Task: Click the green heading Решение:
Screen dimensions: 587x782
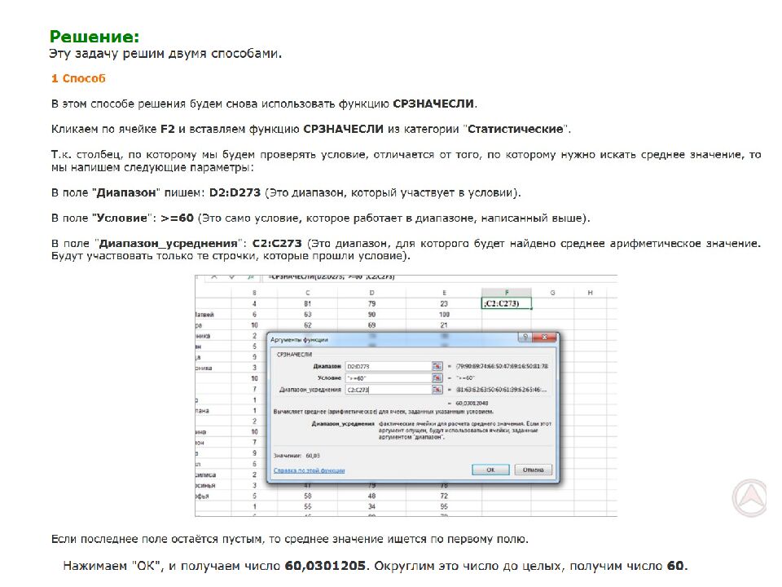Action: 94,37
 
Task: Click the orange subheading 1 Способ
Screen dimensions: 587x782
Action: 78,79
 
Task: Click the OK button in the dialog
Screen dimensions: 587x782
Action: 490,470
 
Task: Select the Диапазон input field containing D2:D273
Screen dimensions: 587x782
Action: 388,366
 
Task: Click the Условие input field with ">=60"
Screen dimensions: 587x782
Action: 388,377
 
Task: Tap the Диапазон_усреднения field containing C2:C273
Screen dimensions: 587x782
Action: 388,389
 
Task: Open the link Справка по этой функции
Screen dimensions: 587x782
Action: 309,470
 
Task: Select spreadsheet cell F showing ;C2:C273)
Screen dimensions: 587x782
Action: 506,304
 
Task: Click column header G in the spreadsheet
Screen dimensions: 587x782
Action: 552,292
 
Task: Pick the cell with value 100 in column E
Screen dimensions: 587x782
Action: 444,314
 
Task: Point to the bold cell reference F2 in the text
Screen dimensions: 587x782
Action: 168,129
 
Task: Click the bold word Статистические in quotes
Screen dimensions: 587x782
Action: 515,129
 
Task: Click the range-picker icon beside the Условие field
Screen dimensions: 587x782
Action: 437,377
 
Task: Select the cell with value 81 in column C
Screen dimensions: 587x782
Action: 308,304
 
